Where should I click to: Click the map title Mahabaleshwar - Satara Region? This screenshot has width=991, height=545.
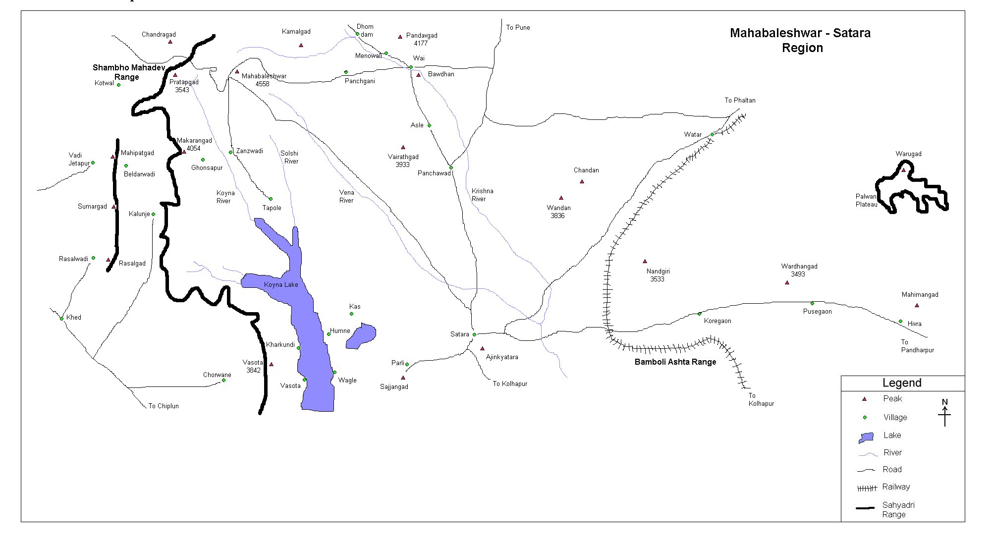tap(800, 40)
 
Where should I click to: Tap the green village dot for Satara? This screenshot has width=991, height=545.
tap(474, 334)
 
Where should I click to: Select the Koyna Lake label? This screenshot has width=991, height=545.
tap(281, 284)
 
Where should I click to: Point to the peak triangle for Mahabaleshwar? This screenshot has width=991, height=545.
tap(237, 72)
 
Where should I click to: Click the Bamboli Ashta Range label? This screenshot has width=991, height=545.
tap(675, 362)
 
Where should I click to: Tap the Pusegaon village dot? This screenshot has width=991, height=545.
tap(812, 303)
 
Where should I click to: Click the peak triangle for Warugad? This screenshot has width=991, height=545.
tap(903, 170)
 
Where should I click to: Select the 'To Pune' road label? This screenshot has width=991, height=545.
tap(518, 28)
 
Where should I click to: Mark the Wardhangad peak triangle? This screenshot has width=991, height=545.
tap(787, 282)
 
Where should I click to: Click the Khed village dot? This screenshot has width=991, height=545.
tap(61, 319)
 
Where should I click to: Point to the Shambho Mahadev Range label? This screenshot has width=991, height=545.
tap(128, 72)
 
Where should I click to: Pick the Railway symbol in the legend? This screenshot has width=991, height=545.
tap(867, 489)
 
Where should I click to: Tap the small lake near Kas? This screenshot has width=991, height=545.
tap(362, 336)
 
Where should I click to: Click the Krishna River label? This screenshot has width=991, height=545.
tap(482, 195)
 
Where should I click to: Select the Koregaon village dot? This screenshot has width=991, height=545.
tap(700, 314)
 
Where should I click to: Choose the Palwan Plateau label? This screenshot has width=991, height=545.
tap(866, 200)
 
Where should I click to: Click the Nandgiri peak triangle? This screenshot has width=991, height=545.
tap(645, 261)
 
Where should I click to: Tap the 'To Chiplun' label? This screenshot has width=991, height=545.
tap(164, 406)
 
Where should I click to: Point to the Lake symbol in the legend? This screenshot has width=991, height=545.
tap(866, 437)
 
